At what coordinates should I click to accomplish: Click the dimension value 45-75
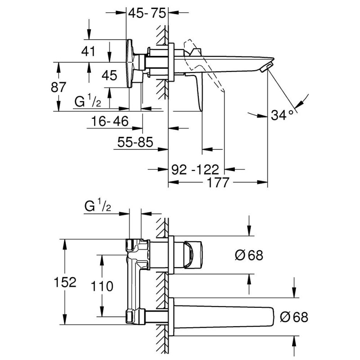click(146, 13)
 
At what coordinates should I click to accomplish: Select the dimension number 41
click(89, 51)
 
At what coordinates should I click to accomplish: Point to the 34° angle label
click(282, 115)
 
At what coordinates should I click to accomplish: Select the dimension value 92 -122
click(196, 170)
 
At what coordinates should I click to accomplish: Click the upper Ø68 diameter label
click(248, 256)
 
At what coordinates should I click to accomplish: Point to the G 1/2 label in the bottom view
click(98, 207)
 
